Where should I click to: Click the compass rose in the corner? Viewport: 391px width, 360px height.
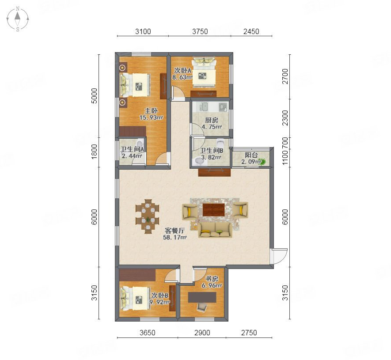pos(18,19)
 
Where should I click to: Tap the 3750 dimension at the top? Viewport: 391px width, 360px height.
pos(200,31)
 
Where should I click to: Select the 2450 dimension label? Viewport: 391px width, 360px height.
pos(251,31)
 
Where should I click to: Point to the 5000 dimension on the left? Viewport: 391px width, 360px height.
pos(94,96)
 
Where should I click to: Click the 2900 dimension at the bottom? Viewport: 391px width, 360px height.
pos(202,333)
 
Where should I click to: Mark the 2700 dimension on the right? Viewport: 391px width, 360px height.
pos(285,76)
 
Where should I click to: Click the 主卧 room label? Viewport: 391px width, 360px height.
pos(151,111)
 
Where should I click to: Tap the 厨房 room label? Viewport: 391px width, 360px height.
pos(212,120)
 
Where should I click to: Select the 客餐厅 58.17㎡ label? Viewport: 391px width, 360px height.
pos(175,234)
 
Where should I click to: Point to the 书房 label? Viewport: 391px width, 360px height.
pos(212,279)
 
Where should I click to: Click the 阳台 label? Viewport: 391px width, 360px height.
pos(251,155)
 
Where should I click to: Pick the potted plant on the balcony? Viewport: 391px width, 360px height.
pos(263,162)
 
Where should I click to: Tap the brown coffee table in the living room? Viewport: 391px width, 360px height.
pos(213,210)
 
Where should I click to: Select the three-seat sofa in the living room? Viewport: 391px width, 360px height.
pos(215,230)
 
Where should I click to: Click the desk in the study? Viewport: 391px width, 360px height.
pos(202,297)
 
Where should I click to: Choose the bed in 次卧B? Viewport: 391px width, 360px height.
pos(135,299)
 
